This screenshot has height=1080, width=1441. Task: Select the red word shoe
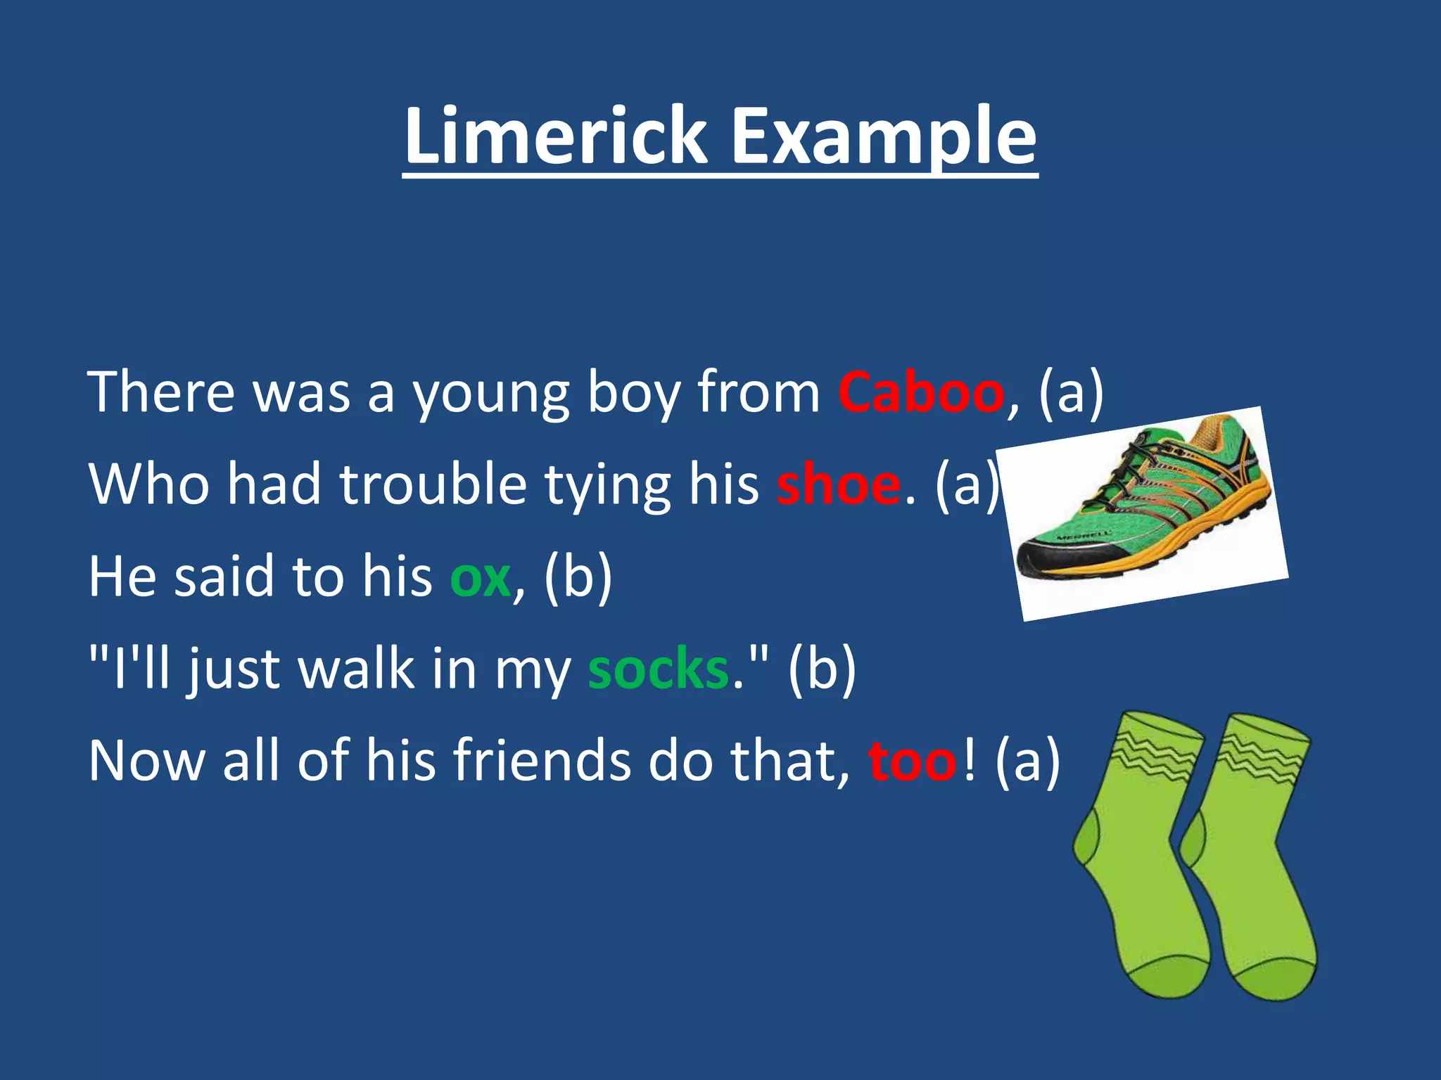coord(838,484)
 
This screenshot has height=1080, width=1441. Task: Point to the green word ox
coord(480,577)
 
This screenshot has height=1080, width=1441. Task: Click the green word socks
coord(658,669)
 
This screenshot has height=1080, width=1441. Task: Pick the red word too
coord(913,761)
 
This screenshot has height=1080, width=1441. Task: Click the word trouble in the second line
coord(433,484)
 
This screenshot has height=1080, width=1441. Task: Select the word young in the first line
coord(490,394)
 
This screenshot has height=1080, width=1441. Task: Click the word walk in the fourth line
coord(356,669)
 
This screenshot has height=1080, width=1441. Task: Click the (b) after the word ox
coord(578,578)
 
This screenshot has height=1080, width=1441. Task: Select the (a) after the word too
coord(1027,761)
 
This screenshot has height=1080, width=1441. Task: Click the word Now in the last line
coord(146,761)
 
